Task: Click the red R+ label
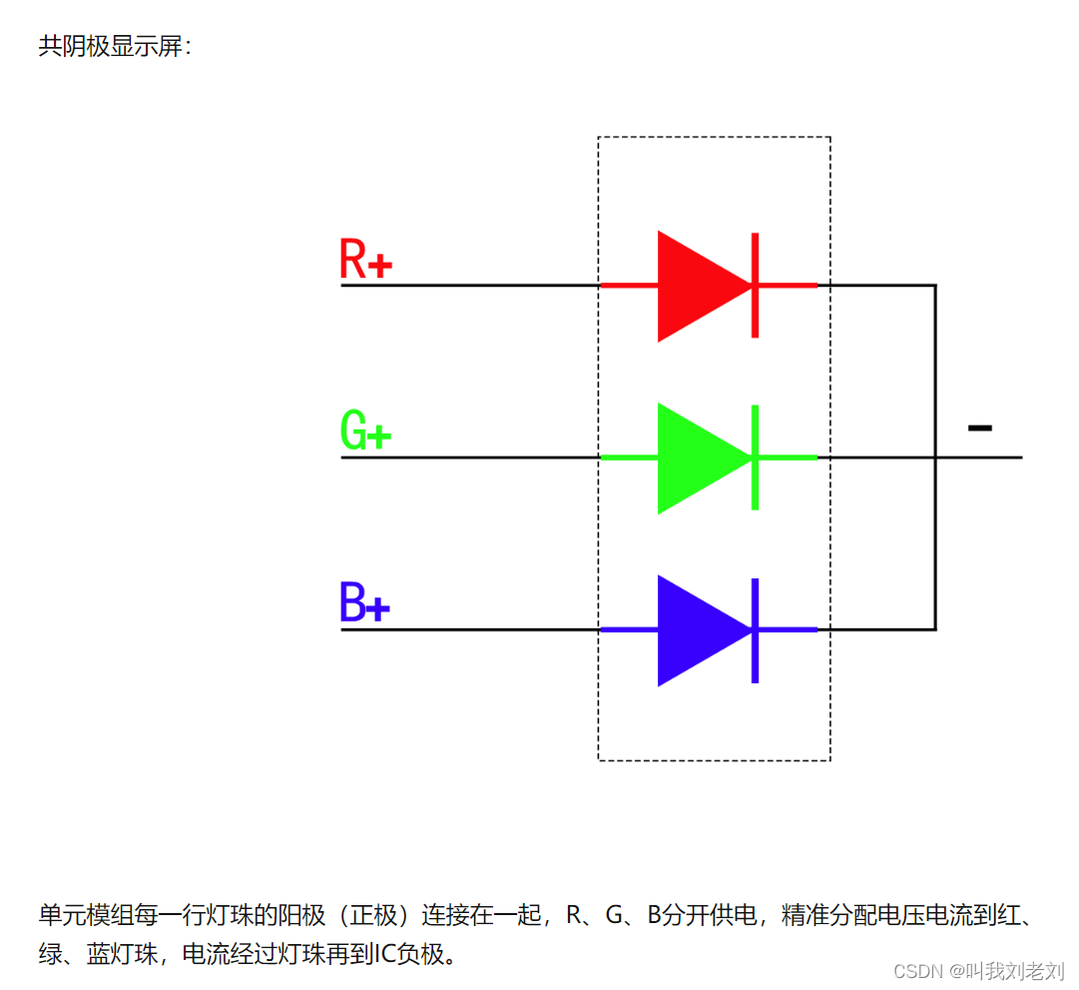(365, 259)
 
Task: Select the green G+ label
(365, 431)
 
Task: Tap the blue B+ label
(363, 602)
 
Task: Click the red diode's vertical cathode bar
(755, 286)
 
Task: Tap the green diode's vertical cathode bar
(755, 458)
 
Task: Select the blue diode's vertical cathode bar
(755, 629)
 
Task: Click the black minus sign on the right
(980, 429)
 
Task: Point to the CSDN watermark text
(978, 970)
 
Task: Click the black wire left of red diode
(469, 286)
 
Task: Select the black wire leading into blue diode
(469, 629)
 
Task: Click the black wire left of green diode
(469, 458)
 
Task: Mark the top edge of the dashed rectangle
(714, 137)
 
